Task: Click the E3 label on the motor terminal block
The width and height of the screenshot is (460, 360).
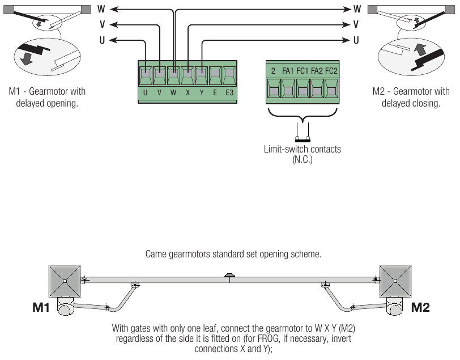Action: coord(229,93)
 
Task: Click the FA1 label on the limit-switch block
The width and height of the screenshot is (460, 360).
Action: coord(288,71)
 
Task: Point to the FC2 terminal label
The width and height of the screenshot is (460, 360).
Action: coord(331,71)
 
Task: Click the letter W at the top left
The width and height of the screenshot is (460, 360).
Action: coord(101,9)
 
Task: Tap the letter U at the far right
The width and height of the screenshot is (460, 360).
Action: coord(356,40)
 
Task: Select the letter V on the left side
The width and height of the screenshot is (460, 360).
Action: coord(102,24)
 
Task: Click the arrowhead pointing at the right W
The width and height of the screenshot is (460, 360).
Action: coord(347,10)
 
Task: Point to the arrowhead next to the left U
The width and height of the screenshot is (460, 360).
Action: coord(114,40)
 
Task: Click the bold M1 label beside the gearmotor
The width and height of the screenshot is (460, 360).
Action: coord(41,307)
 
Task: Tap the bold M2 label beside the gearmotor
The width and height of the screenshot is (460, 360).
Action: coord(420,307)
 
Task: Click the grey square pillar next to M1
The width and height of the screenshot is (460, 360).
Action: coord(65,281)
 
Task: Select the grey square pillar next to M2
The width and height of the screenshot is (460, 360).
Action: coord(395,281)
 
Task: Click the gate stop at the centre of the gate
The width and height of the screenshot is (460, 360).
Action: coord(229,276)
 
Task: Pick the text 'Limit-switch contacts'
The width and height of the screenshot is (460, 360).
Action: coord(302,149)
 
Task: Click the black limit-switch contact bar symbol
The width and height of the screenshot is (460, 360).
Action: coord(303,141)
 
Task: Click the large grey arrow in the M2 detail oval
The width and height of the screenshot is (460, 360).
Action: coord(420,49)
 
